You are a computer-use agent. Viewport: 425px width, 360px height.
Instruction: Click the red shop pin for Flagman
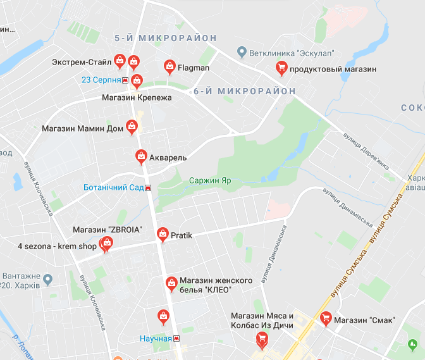click(169, 66)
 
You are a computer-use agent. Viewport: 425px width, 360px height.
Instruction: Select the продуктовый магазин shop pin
click(281, 68)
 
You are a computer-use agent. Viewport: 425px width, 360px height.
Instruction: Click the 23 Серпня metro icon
click(126, 80)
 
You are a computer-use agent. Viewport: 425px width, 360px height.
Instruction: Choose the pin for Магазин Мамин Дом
click(132, 127)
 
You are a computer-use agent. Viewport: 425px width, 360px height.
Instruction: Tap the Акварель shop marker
click(142, 156)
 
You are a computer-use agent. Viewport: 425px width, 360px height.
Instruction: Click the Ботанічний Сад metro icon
click(148, 188)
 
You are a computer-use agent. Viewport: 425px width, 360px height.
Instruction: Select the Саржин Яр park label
click(210, 180)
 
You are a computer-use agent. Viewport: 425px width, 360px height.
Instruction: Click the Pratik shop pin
click(163, 234)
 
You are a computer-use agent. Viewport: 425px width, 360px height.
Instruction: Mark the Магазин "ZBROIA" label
click(108, 229)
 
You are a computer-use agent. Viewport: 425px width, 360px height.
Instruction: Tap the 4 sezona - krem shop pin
click(106, 244)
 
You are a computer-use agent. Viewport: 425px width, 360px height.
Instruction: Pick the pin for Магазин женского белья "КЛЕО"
click(171, 283)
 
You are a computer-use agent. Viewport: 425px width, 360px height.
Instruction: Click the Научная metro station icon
click(176, 338)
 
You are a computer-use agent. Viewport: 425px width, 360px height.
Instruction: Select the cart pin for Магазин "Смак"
click(326, 319)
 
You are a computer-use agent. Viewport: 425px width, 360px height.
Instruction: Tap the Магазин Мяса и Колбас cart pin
click(261, 340)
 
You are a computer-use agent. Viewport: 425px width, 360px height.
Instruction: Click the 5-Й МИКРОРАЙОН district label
click(166, 38)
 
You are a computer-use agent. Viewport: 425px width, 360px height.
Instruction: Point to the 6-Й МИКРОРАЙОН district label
click(244, 91)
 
